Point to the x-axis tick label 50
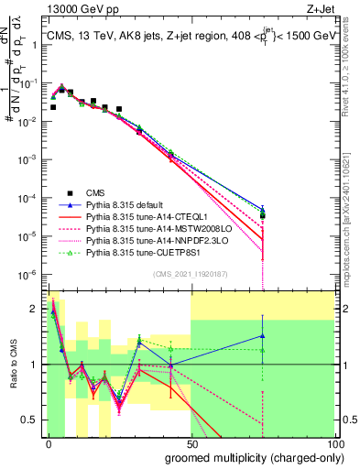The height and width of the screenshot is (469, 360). coord(191,444)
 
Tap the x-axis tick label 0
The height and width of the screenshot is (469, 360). coord(49,444)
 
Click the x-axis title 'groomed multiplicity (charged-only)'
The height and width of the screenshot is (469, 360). coord(250,457)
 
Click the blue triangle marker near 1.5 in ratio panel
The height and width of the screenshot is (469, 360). coord(263,335)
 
